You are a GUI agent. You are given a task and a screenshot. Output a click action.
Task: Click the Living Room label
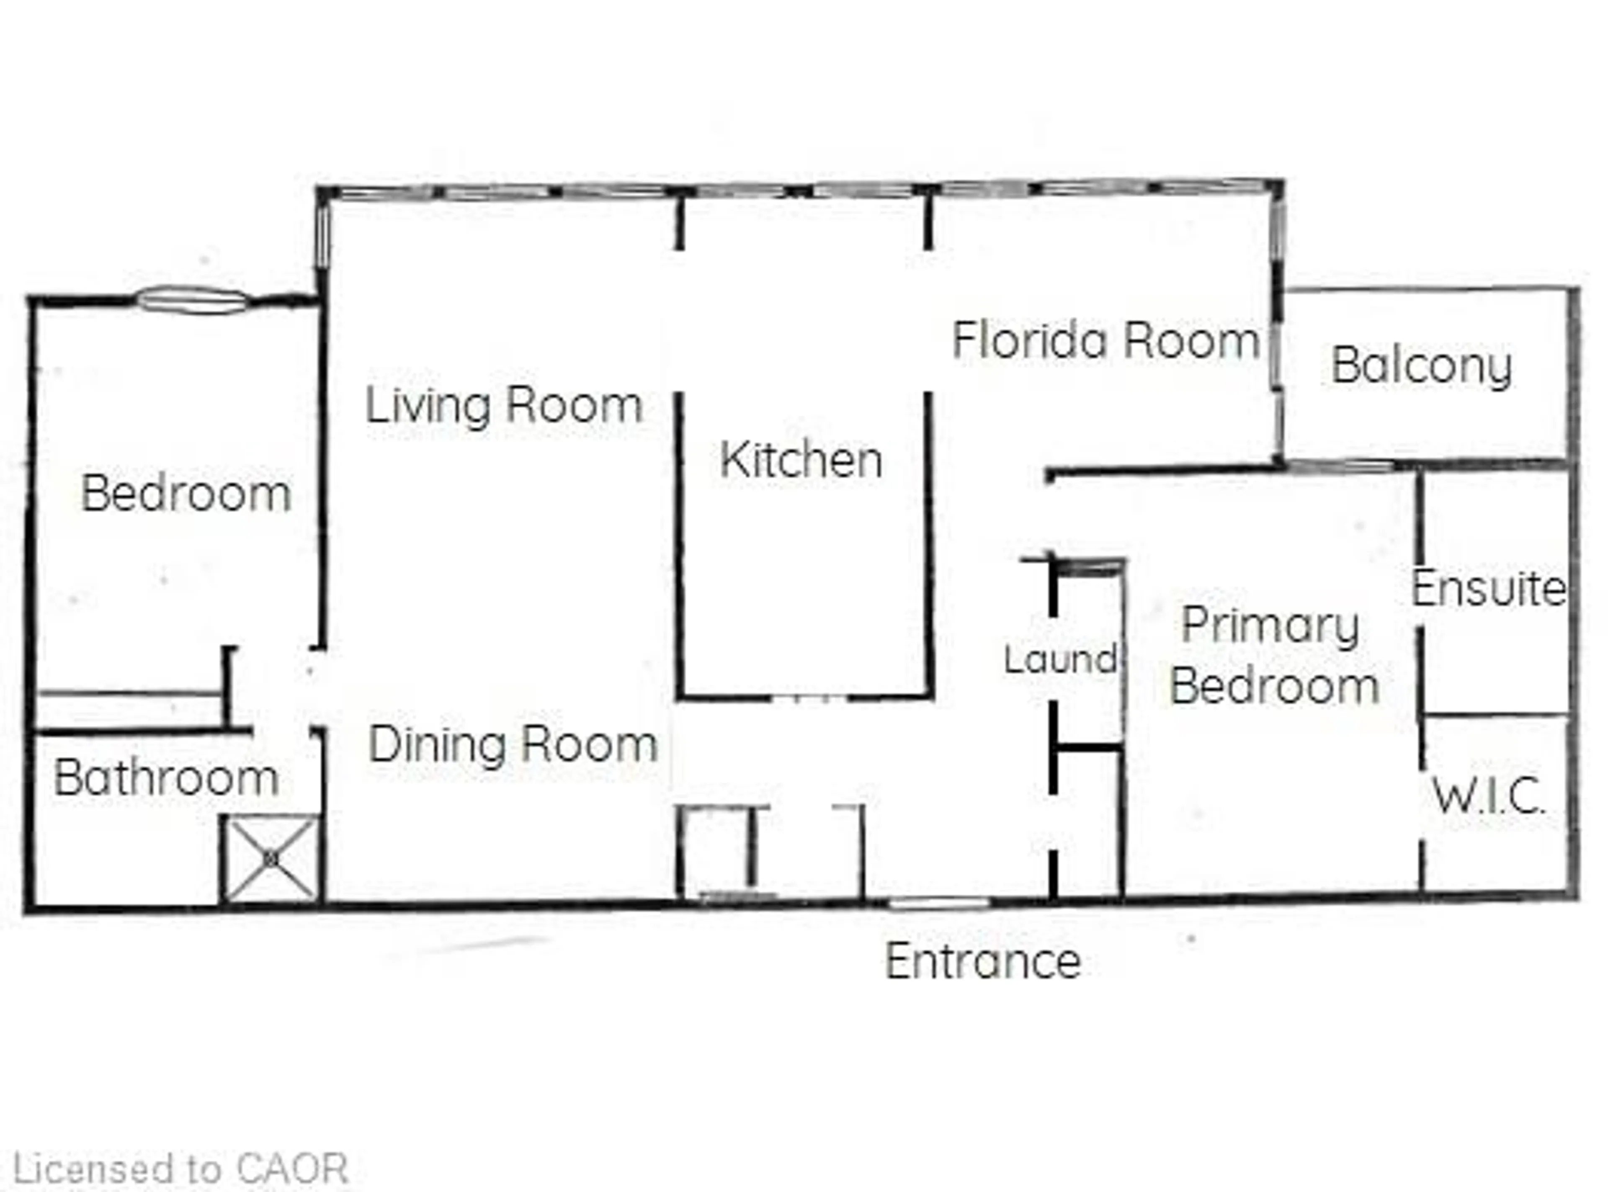coord(504,406)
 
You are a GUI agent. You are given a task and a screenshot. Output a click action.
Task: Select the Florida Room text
coord(1105,340)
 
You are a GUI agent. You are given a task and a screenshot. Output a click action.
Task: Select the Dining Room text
coord(513,745)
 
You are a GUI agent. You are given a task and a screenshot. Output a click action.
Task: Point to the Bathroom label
coord(166,779)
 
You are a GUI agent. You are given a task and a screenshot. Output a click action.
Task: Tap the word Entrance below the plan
coord(983,962)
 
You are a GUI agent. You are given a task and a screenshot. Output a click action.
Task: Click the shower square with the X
coord(271,859)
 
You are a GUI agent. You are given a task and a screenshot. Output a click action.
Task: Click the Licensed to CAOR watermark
coord(180,1170)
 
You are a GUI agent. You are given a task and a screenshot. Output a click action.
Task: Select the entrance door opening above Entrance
coord(938,902)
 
